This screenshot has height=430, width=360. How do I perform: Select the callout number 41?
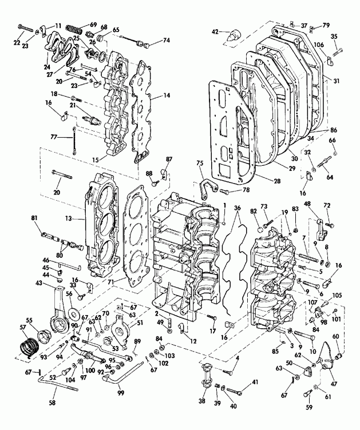pyautogui.click(x=255, y=383)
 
